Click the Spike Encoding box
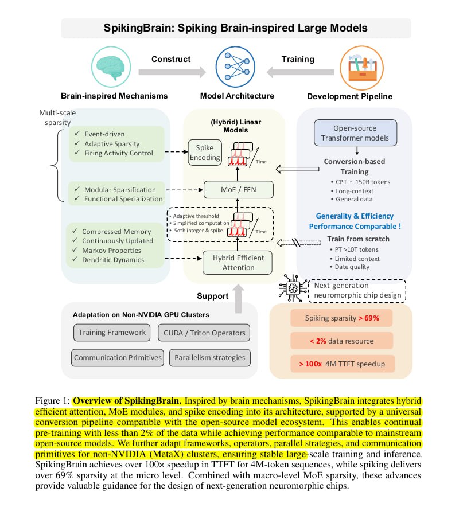click(205, 153)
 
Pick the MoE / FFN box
click(238, 189)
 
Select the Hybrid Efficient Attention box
click(238, 263)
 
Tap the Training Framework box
click(112, 333)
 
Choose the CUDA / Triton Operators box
click(204, 333)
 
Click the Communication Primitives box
click(117, 358)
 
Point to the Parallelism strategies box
click(210, 358)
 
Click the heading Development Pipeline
click(350, 96)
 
